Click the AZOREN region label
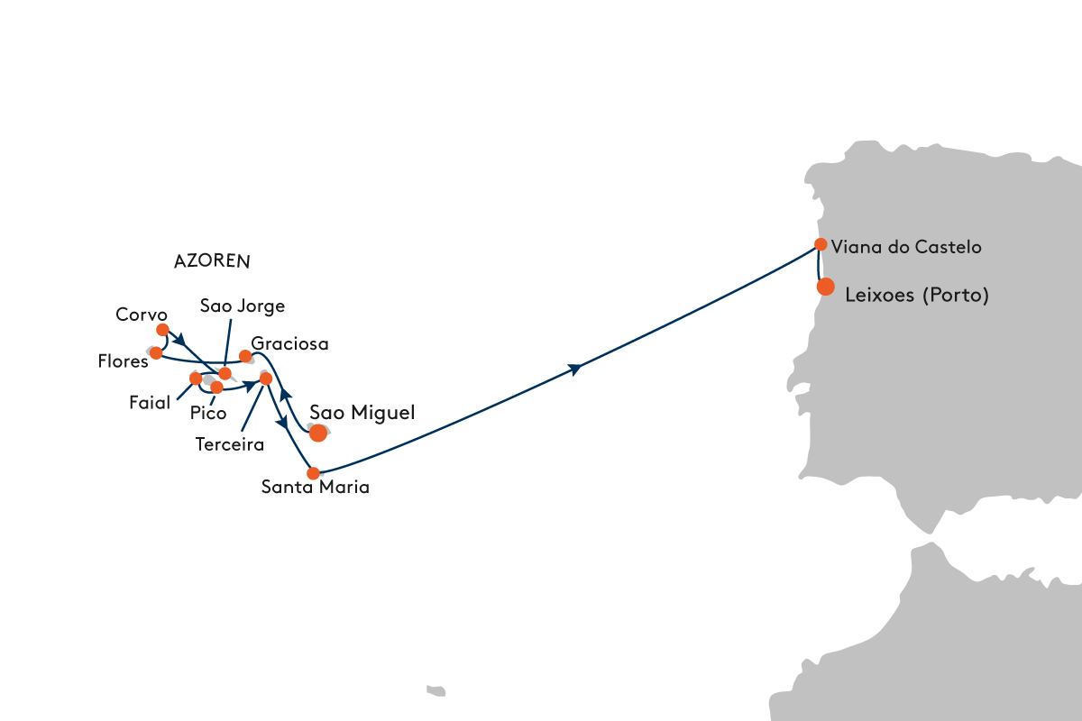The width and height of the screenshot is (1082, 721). click(x=212, y=261)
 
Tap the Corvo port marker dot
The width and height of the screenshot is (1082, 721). click(x=163, y=330)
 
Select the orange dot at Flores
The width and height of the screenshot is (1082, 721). click(x=156, y=353)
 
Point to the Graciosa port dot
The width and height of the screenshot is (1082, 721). click(x=245, y=356)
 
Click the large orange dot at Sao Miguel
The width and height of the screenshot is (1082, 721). click(x=317, y=433)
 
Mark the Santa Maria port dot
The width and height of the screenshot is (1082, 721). click(x=313, y=473)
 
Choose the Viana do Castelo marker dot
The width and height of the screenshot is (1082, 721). click(x=821, y=244)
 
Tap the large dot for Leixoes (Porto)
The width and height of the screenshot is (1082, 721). click(x=826, y=287)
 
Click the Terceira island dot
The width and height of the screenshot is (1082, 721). click(x=266, y=379)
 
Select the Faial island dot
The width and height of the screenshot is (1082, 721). click(x=196, y=379)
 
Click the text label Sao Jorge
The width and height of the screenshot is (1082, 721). click(x=243, y=306)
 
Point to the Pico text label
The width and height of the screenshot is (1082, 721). click(x=208, y=414)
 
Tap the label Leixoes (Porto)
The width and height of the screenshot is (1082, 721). click(x=917, y=295)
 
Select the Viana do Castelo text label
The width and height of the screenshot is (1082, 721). click(x=906, y=247)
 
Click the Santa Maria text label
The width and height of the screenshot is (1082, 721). click(x=316, y=487)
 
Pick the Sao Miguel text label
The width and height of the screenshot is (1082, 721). click(x=362, y=413)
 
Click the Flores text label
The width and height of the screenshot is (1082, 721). click(x=123, y=361)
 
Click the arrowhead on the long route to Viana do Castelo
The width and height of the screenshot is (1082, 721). click(x=575, y=369)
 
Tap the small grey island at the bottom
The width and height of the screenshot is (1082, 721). click(x=436, y=691)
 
